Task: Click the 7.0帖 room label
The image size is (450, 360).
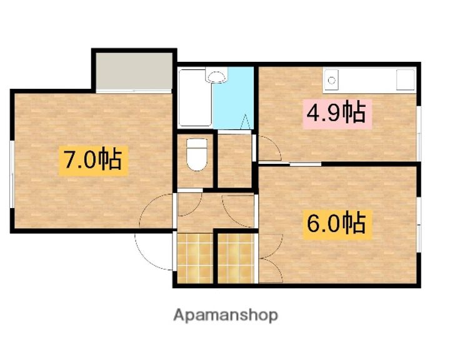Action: pyautogui.click(x=94, y=161)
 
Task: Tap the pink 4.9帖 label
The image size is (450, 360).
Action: pyautogui.click(x=336, y=112)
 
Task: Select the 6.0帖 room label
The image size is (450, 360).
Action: pyautogui.click(x=336, y=222)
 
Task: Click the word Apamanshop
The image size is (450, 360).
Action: pyautogui.click(x=225, y=315)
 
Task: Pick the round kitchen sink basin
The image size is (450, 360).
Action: pyautogui.click(x=332, y=79)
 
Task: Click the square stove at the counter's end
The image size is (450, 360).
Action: pyautogui.click(x=406, y=80)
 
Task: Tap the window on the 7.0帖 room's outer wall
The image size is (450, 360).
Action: pyautogui.click(x=12, y=172)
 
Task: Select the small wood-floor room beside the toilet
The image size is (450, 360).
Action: pyautogui.click(x=234, y=161)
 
